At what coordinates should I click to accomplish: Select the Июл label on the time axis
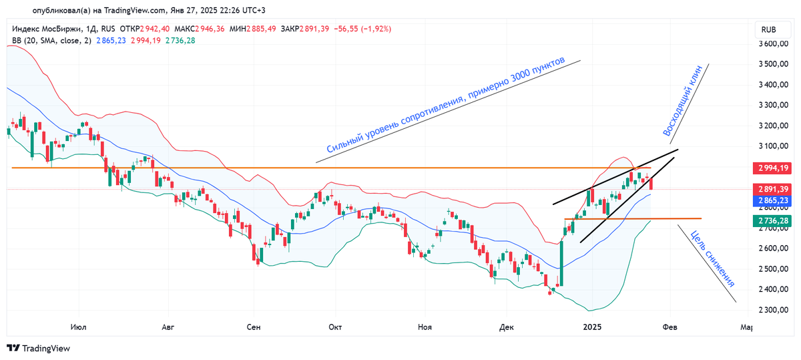click(x=78, y=327)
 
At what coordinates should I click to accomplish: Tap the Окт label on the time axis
click(x=335, y=327)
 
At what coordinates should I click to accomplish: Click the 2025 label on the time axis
click(x=592, y=327)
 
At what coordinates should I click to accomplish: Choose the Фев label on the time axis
click(x=670, y=327)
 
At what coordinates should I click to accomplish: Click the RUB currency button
click(x=769, y=30)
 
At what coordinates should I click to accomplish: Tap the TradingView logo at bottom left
click(x=39, y=348)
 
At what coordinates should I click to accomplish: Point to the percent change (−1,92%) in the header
click(x=374, y=29)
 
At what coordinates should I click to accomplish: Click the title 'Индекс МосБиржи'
click(x=45, y=29)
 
